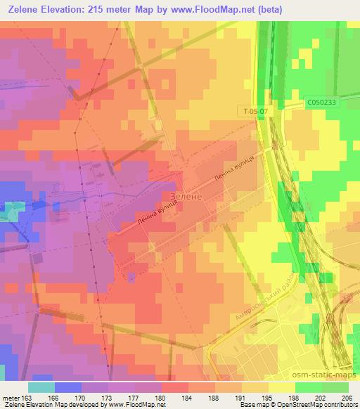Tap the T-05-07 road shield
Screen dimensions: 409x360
tap(250, 112)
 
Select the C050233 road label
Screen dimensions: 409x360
tap(321, 102)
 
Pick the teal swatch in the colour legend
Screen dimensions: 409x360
tap(41, 387)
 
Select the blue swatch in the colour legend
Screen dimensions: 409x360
tap(67, 387)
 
